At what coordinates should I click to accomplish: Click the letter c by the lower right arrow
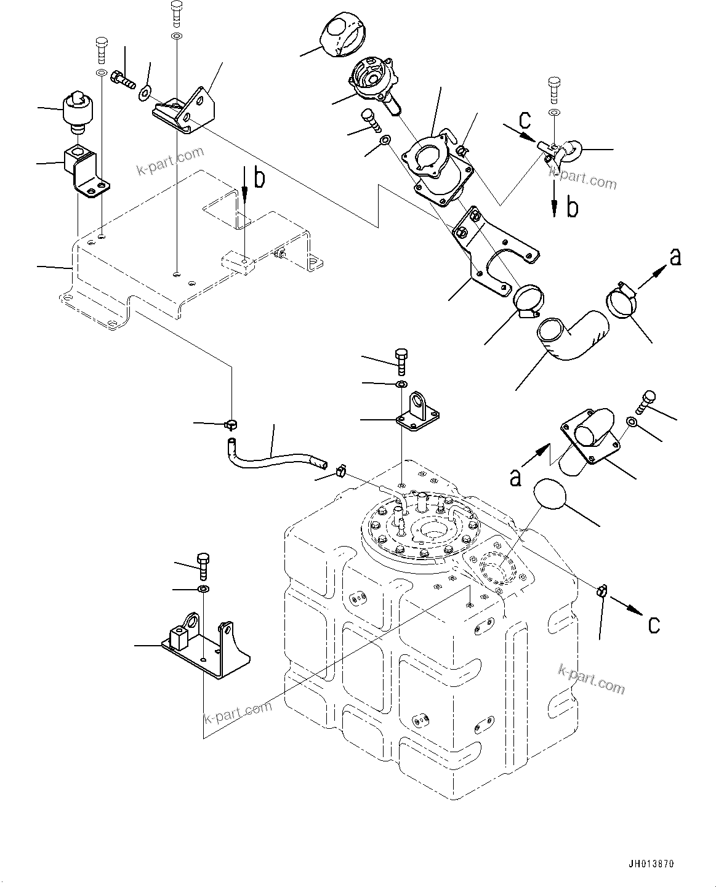(x=654, y=625)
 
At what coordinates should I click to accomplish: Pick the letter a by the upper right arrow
(x=675, y=257)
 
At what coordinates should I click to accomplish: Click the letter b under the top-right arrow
(x=572, y=208)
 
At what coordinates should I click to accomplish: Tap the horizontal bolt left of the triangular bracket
(x=123, y=79)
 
